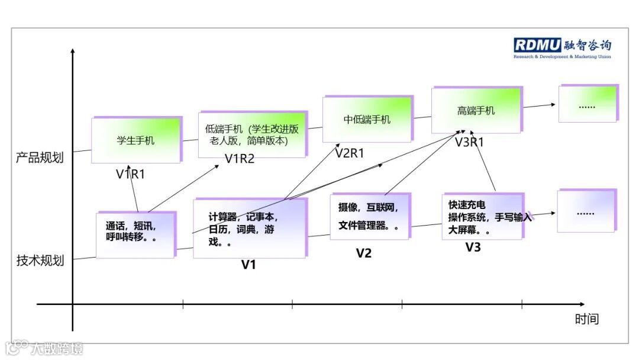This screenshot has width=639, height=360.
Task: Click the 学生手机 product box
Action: (x=135, y=140)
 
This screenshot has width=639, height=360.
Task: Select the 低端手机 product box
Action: (x=252, y=134)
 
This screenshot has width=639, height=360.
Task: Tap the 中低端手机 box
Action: (x=367, y=119)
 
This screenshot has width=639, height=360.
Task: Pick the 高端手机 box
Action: (x=476, y=110)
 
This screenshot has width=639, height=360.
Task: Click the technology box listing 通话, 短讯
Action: (x=135, y=234)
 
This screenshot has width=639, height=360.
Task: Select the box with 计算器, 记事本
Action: (x=250, y=228)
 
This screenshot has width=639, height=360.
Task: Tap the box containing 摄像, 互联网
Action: (x=369, y=217)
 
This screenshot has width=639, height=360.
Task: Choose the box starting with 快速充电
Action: (x=482, y=216)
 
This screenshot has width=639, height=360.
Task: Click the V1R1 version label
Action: (x=130, y=173)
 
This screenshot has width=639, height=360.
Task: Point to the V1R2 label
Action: (x=240, y=158)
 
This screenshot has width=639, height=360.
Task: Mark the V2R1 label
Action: (x=350, y=153)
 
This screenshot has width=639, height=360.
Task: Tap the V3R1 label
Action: (x=469, y=142)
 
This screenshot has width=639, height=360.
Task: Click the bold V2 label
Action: (x=363, y=253)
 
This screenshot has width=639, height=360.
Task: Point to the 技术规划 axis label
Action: (x=40, y=261)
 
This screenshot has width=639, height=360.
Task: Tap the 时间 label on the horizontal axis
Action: (x=587, y=319)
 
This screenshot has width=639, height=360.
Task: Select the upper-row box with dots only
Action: (x=588, y=104)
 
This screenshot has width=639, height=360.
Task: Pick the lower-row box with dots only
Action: (x=586, y=211)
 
